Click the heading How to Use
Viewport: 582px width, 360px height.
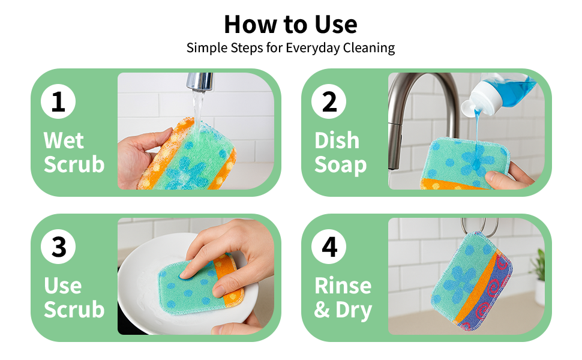point(290,24)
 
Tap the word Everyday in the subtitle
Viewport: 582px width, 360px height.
point(312,48)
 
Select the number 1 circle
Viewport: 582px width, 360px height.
point(58,101)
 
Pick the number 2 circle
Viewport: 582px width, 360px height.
point(329,101)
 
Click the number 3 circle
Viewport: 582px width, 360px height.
point(58,247)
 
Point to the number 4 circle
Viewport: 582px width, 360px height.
point(329,247)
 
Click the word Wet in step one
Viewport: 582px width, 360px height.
point(64,140)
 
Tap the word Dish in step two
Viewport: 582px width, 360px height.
point(337,140)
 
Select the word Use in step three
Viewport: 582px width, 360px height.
point(62,286)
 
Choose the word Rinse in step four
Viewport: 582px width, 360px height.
point(343,286)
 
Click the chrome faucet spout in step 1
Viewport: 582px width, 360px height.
point(200,82)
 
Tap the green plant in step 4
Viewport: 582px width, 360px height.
point(538,264)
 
